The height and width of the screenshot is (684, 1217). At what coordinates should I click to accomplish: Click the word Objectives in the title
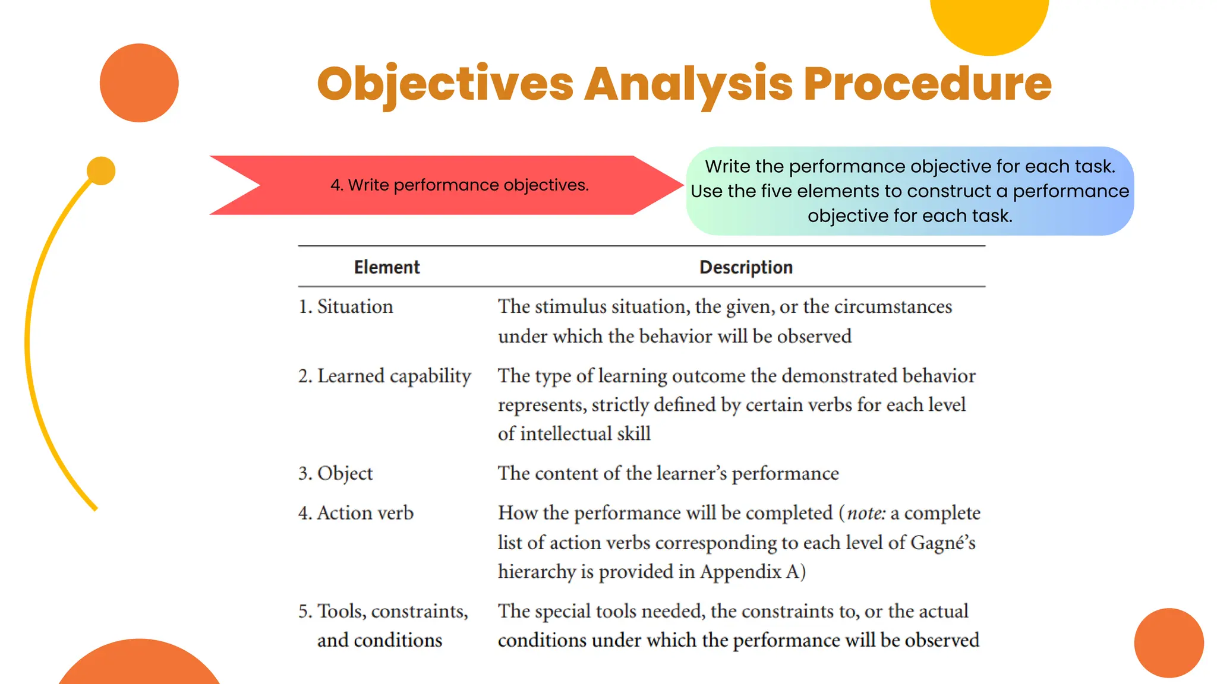445,84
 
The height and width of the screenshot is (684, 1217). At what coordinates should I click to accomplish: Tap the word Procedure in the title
928,84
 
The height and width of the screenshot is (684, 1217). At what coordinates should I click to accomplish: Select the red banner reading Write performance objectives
459,185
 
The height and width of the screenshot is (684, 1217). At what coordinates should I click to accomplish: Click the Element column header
387,267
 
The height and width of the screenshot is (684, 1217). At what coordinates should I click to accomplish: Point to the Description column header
746,267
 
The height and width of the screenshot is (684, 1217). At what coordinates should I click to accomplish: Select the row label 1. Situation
345,306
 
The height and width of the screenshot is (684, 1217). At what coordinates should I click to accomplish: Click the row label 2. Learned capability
384,376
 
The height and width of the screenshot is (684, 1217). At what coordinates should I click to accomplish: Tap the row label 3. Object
336,473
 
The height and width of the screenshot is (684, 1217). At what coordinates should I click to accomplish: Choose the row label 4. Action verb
356,513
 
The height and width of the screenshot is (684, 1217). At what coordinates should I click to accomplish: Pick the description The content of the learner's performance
668,473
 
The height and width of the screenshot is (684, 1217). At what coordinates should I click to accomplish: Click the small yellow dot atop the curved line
101,171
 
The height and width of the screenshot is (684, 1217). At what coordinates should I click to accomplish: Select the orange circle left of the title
139,83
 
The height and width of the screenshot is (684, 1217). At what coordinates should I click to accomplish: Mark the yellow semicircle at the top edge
989,24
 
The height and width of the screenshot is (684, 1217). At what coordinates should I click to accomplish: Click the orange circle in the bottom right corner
1169,643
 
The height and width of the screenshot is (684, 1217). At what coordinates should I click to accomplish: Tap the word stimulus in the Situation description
570,306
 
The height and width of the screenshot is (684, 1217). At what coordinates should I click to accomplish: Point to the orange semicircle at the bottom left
139,665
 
